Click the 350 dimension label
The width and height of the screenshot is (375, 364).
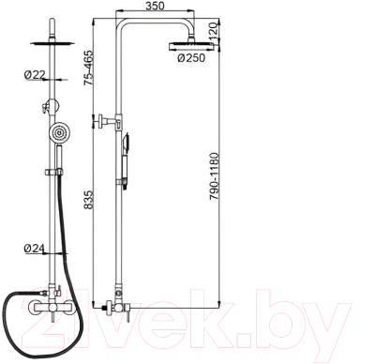pos(155,6)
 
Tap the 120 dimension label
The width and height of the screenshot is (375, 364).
pos(214,32)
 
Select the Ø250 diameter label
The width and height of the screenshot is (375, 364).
pos(191,58)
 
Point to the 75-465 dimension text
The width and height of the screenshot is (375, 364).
pos(88,68)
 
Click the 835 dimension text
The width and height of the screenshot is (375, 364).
pos(88,200)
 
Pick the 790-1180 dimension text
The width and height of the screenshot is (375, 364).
pos(215,176)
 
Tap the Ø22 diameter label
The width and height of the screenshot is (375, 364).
pos(35,75)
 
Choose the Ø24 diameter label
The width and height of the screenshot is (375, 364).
pos(35,249)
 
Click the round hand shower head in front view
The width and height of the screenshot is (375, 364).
pos(57,133)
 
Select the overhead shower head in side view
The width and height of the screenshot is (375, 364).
pos(191,46)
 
